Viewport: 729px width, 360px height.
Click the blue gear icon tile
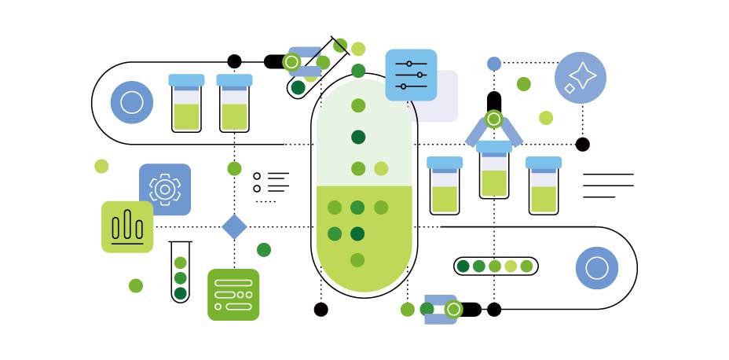tap(165, 189)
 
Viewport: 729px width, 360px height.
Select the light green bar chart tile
tap(127, 227)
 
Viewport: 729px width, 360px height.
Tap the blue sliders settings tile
tap(411, 75)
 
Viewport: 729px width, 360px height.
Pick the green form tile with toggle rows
tap(233, 295)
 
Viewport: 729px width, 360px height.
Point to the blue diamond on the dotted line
tap(234, 226)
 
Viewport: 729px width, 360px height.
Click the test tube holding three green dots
tap(181, 272)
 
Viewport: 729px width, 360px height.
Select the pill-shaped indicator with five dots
tap(495, 266)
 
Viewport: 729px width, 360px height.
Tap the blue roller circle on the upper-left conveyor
tap(132, 102)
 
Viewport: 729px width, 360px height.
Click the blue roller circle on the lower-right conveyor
tap(597, 268)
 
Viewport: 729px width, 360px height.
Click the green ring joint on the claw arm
tap(493, 119)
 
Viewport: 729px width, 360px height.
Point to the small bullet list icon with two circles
tap(270, 182)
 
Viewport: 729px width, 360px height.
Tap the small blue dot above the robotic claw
tap(494, 64)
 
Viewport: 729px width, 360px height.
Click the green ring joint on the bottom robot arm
tap(452, 310)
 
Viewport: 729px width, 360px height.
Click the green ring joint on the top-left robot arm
tap(291, 61)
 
